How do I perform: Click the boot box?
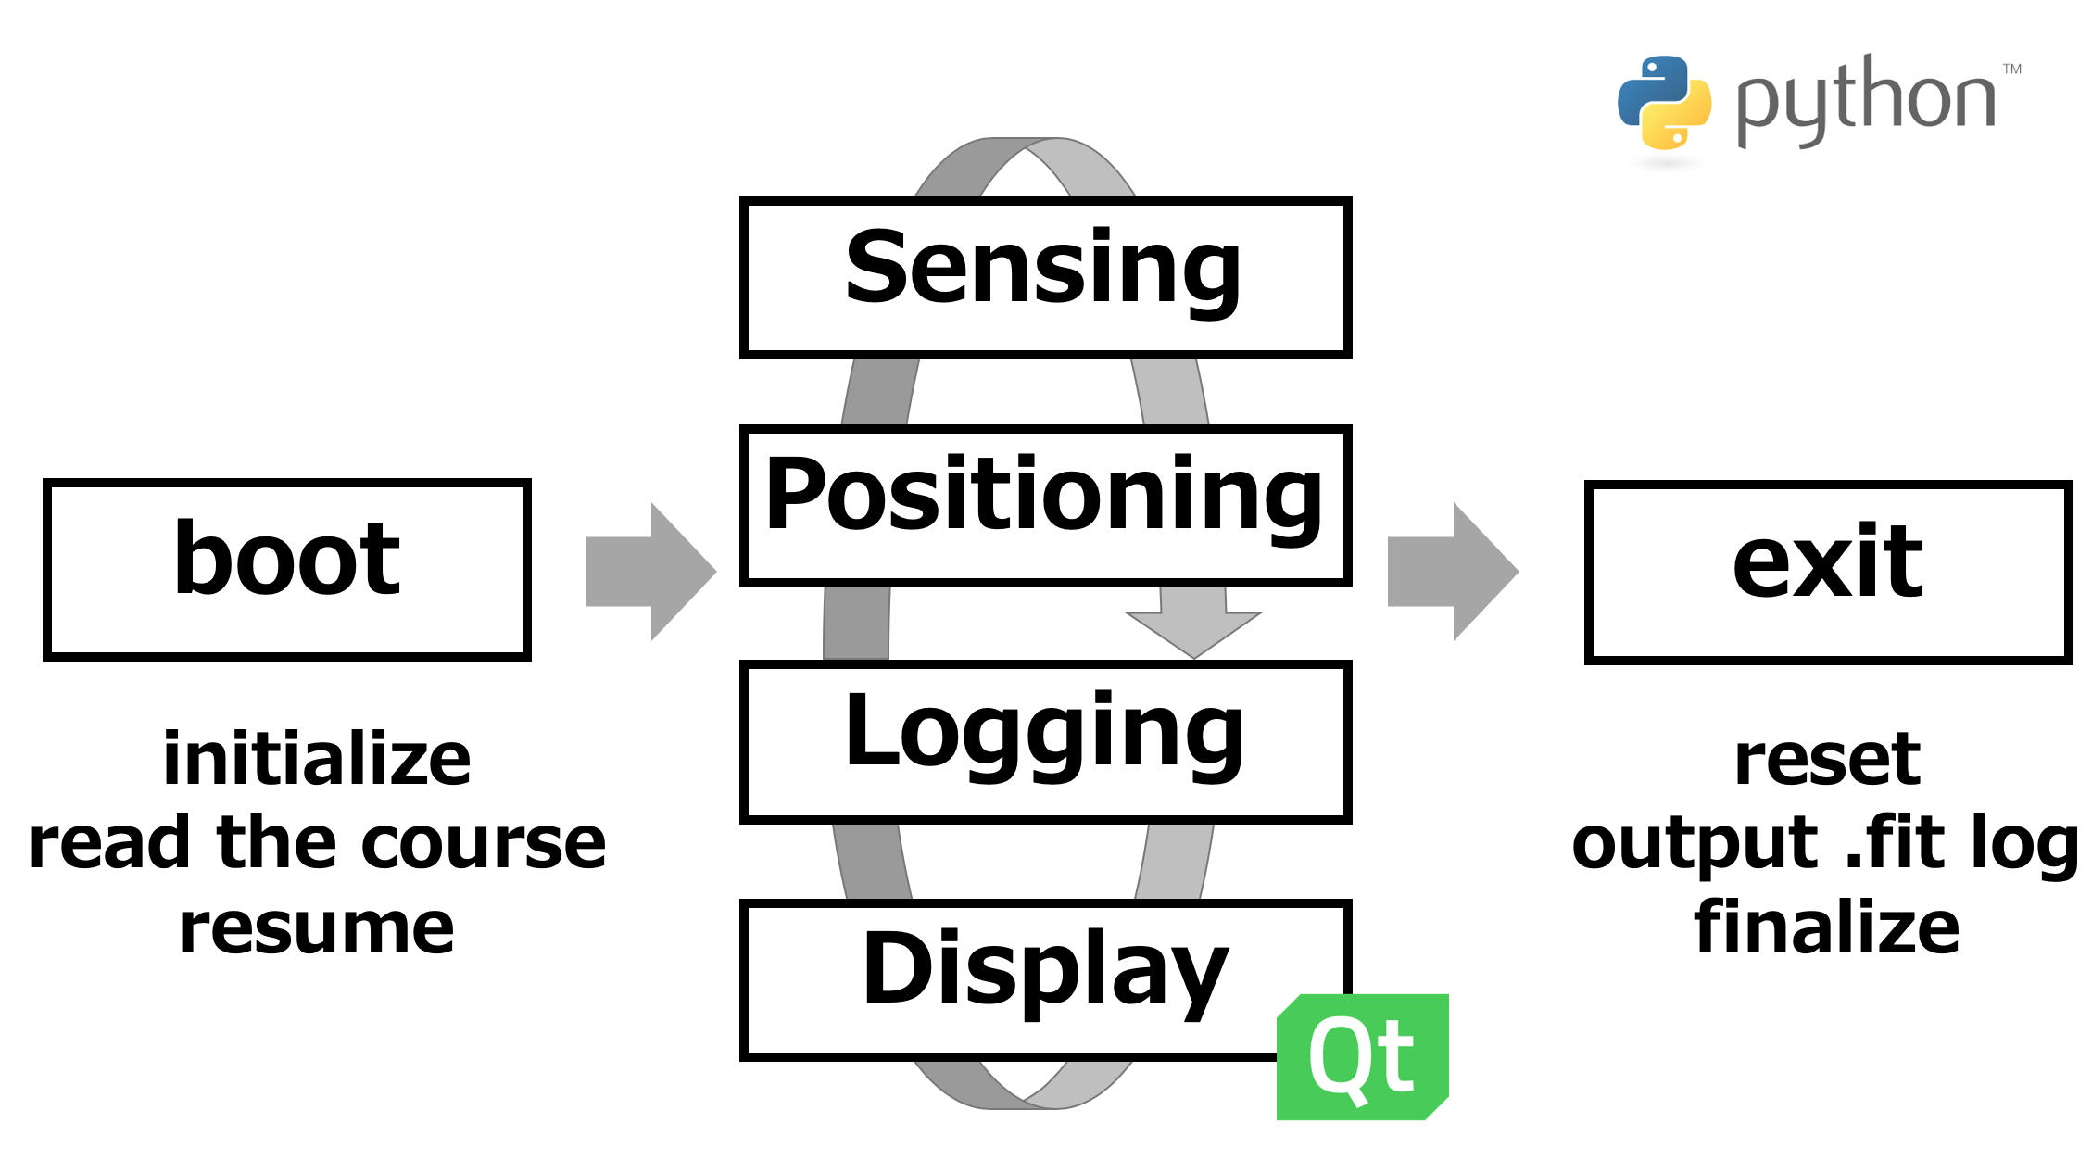[287, 570]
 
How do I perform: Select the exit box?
[1828, 572]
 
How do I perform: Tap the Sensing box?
[1045, 278]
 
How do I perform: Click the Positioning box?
[1045, 506]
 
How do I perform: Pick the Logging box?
[1045, 741]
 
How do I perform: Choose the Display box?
[1045, 979]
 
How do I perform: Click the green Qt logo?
[1362, 1057]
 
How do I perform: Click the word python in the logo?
[1866, 100]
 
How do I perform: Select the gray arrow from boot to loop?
[651, 572]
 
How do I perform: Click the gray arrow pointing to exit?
[1454, 572]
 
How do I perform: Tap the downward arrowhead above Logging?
[1193, 635]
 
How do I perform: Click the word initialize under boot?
[317, 759]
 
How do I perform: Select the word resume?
[317, 929]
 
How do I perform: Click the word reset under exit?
[1827, 760]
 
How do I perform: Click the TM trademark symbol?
[2012, 69]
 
